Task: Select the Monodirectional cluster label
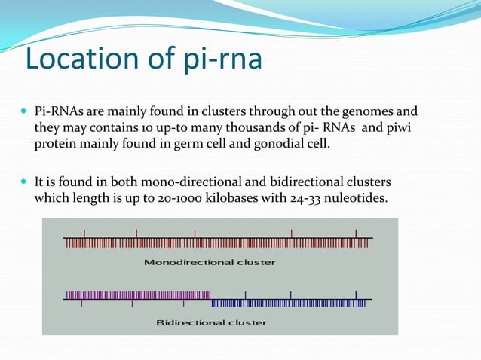point(210,263)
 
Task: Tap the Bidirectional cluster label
point(211,323)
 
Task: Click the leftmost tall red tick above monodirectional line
point(84,233)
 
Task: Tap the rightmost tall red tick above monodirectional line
point(357,233)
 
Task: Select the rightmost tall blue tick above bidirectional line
point(357,294)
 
